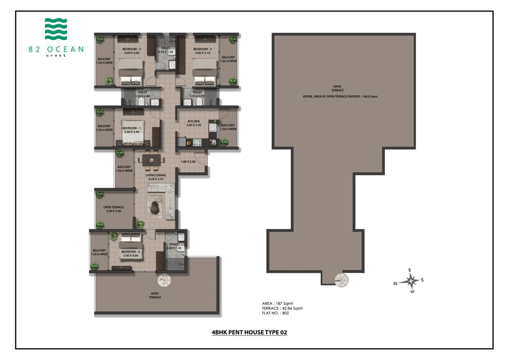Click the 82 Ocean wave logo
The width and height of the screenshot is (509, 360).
click(56, 29)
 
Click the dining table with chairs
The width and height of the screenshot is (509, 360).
click(151, 160)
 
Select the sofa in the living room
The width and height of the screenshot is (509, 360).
click(161, 188)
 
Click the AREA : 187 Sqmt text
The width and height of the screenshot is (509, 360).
click(278, 303)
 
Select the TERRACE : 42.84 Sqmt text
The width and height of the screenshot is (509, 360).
click(282, 308)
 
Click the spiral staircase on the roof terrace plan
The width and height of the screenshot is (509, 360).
click(341, 280)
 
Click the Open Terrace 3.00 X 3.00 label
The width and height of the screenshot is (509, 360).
click(113, 209)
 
